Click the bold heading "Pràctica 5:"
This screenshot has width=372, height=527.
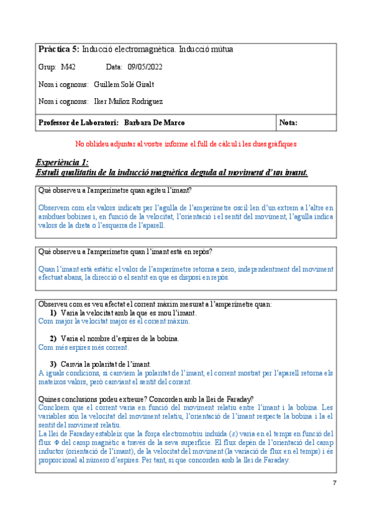(x=58, y=49)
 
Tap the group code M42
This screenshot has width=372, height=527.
(x=68, y=66)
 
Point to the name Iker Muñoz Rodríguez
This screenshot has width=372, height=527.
(x=128, y=101)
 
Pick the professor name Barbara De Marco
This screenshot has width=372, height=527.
(x=154, y=123)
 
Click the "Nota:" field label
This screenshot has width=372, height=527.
(x=289, y=123)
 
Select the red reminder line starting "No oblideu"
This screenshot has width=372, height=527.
(x=185, y=144)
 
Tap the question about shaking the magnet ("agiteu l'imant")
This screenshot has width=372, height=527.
(x=115, y=190)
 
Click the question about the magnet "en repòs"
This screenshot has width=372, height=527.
(x=125, y=252)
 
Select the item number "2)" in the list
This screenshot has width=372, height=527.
(x=54, y=339)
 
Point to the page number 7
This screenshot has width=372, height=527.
(x=335, y=483)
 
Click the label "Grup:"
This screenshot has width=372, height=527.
(x=47, y=66)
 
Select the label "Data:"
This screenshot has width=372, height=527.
(x=114, y=66)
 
